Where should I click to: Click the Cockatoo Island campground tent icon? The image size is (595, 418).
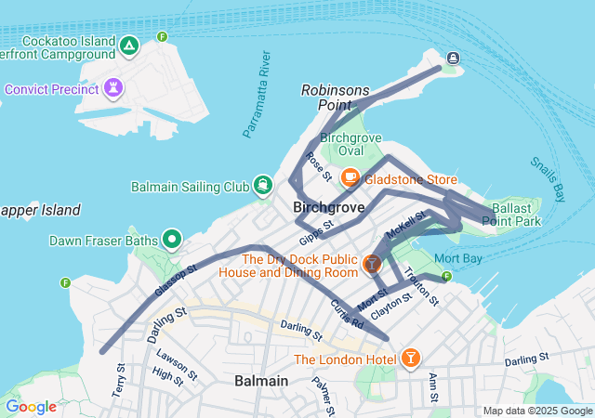pyautogui.click(x=129, y=45)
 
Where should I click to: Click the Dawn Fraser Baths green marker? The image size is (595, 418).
pyautogui.click(x=172, y=241)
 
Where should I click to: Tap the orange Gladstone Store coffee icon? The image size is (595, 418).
pyautogui.click(x=350, y=176)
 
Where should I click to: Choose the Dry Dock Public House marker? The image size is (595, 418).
pyautogui.click(x=372, y=265)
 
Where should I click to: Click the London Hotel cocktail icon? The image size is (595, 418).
pyautogui.click(x=410, y=358)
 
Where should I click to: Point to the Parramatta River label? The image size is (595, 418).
pyautogui.click(x=256, y=96)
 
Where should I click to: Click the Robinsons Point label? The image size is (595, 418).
pyautogui.click(x=335, y=98)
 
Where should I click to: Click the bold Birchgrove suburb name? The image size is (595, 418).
pyautogui.click(x=328, y=207)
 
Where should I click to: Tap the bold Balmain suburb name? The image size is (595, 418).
pyautogui.click(x=261, y=381)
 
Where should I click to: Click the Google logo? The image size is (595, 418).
pyautogui.click(x=32, y=407)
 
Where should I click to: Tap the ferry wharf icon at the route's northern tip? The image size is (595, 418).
pyautogui.click(x=453, y=59)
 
